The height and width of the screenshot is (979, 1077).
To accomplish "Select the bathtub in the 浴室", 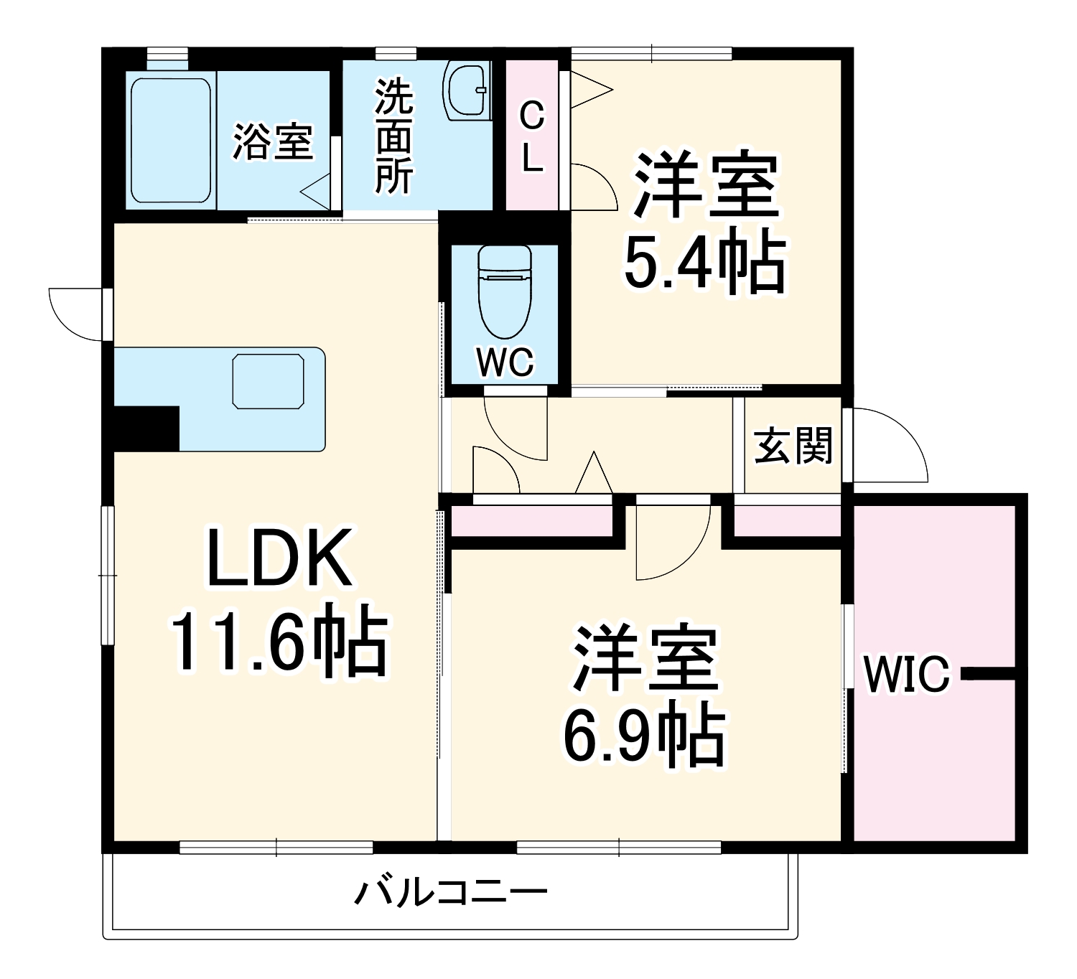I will (x=171, y=141).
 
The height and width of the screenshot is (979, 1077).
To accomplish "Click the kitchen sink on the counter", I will (x=268, y=380).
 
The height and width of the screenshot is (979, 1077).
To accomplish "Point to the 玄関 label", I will (x=793, y=445).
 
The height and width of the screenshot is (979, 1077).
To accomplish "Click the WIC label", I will (x=906, y=675).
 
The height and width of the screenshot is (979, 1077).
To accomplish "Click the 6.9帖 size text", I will (x=643, y=737).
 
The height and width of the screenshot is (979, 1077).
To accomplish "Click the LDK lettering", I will (x=280, y=558).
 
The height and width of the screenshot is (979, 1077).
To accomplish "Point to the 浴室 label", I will (x=272, y=141).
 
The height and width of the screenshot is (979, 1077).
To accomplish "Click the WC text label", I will (x=505, y=363).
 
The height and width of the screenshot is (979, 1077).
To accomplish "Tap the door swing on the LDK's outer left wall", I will (x=75, y=312).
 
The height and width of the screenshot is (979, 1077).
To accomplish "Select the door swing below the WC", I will (x=514, y=427).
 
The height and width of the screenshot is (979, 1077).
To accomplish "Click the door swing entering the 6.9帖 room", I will (x=671, y=538).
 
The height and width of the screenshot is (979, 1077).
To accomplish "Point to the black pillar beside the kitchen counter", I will (x=146, y=428).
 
